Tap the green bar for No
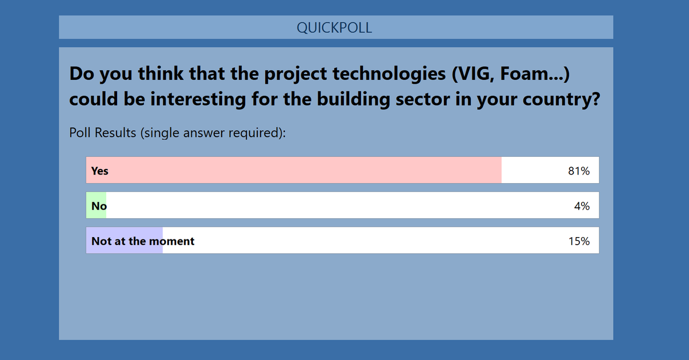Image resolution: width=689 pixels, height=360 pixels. click(x=96, y=206)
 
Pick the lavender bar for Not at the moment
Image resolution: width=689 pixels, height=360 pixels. click(x=124, y=241)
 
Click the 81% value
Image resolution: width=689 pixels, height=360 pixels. click(x=578, y=171)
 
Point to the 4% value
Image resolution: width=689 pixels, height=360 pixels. click(x=582, y=206)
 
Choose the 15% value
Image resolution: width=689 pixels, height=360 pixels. click(x=579, y=241)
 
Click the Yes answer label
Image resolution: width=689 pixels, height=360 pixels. click(x=99, y=171)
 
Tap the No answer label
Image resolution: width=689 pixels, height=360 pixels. click(x=99, y=206)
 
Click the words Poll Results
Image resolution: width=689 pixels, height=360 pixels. click(x=101, y=133)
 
